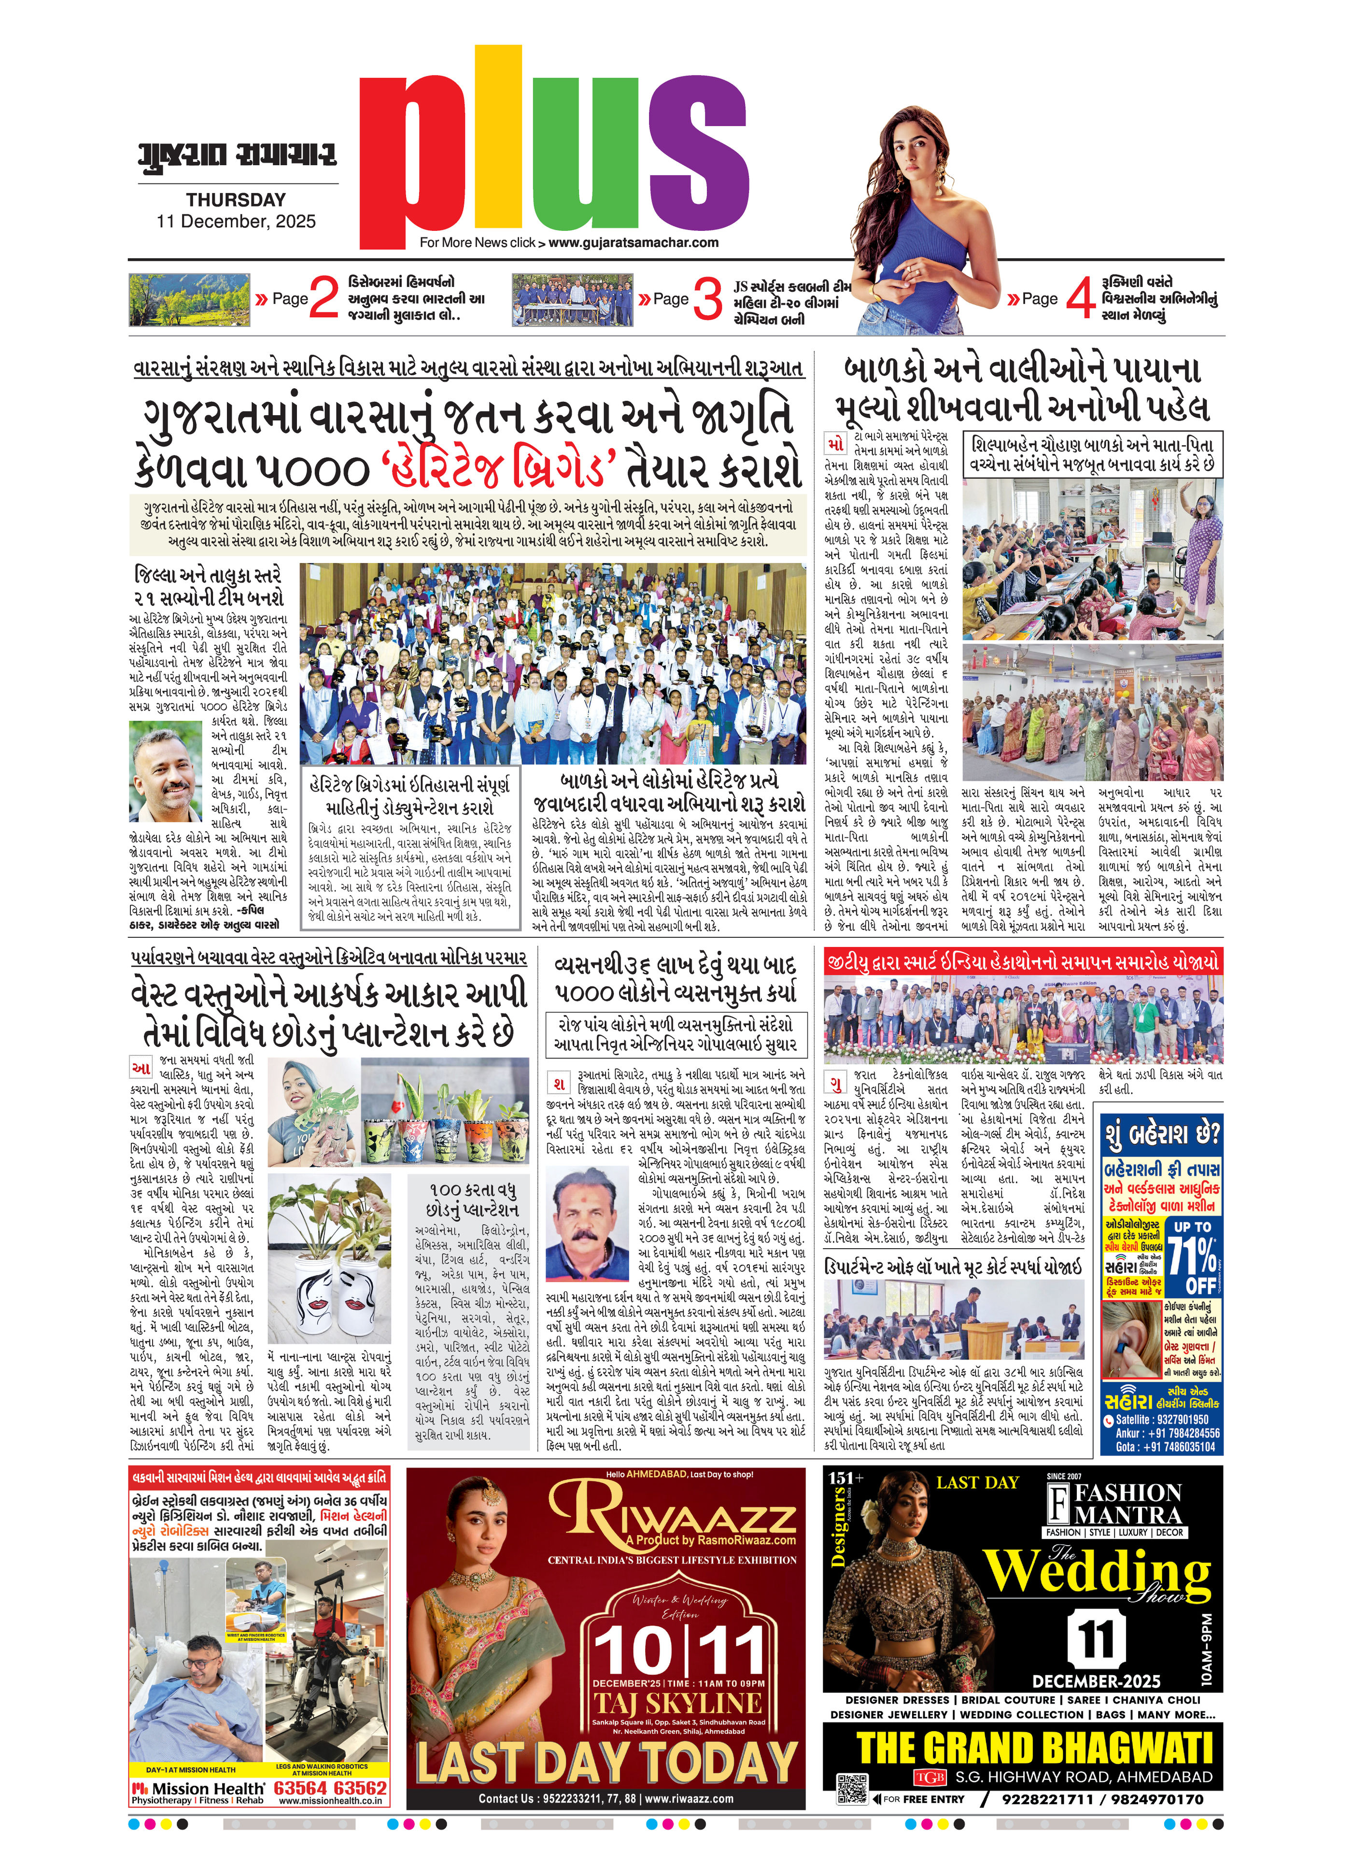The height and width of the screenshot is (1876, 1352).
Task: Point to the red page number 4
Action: tap(1080, 298)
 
